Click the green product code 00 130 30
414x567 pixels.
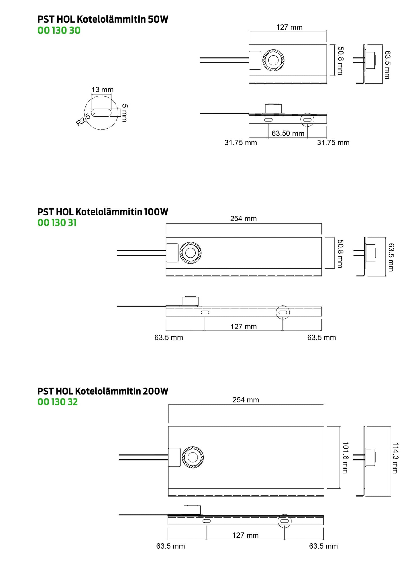tap(59, 30)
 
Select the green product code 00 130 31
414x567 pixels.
tap(57, 223)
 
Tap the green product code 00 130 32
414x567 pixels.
tap(58, 402)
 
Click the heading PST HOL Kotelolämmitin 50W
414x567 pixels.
tap(103, 19)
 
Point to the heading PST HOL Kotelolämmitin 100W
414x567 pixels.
tap(103, 212)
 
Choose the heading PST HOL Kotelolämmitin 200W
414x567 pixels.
tap(103, 391)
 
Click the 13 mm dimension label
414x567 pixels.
tap(103, 90)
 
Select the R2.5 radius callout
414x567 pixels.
tap(83, 120)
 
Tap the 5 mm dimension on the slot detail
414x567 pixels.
tap(124, 113)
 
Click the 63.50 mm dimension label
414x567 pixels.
tap(288, 133)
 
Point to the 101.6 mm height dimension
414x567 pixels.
tap(346, 458)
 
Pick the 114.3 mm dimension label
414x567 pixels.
tap(395, 458)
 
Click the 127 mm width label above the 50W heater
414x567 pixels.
tap(289, 27)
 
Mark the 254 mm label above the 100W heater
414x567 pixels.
tap(244, 219)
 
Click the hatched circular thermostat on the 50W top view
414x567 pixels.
tap(273, 60)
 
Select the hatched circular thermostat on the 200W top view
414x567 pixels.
tap(193, 457)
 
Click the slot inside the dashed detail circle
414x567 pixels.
tap(101, 113)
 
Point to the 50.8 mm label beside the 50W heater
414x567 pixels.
tap(340, 61)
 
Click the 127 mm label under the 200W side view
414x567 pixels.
tap(246, 535)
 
